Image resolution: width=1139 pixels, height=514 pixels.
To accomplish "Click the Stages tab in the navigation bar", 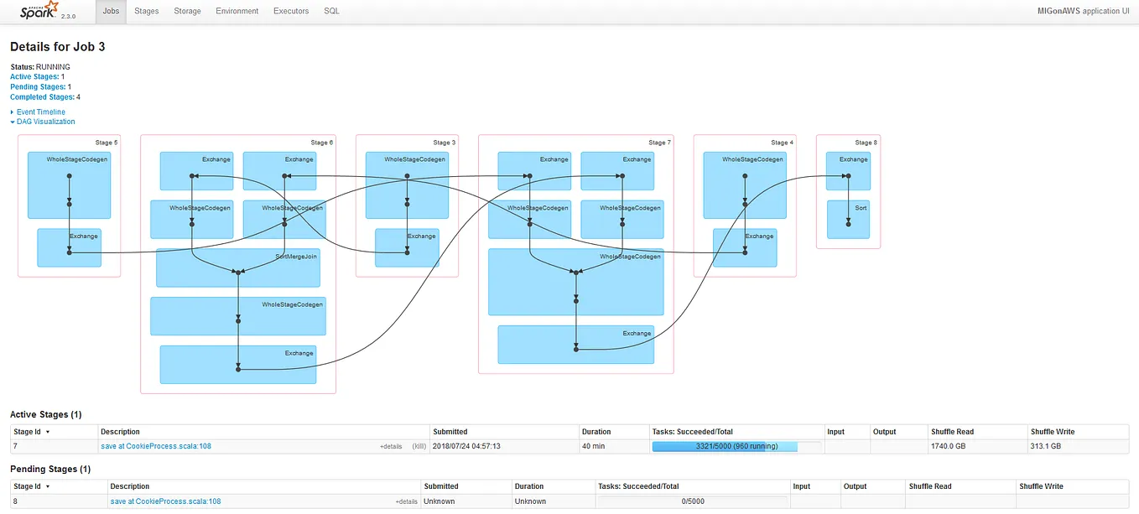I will click(x=146, y=11).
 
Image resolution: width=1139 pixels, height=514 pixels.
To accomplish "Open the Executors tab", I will click(x=291, y=11).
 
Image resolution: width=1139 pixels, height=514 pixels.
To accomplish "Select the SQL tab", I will click(x=331, y=11).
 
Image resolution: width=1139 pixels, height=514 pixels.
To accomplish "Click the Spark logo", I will click(x=39, y=11).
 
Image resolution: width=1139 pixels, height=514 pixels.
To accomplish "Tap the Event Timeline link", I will click(x=40, y=112).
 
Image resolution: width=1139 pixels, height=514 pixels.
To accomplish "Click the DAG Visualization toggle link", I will click(x=45, y=122).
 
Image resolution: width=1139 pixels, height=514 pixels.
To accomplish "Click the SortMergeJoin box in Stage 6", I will click(x=239, y=267).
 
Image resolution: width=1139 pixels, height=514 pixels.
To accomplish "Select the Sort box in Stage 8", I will click(x=848, y=219).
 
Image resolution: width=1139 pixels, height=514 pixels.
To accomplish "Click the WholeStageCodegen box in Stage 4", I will click(x=744, y=184).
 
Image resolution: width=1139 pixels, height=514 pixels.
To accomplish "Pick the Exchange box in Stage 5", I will click(x=69, y=247).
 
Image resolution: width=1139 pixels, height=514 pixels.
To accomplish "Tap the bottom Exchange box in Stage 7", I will click(x=575, y=345).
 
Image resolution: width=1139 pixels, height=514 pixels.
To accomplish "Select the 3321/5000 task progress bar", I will click(x=736, y=446).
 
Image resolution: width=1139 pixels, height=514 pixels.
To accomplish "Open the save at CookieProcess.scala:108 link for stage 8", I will click(x=165, y=501).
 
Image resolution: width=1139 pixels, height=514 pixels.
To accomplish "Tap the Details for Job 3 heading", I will click(x=58, y=47).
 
